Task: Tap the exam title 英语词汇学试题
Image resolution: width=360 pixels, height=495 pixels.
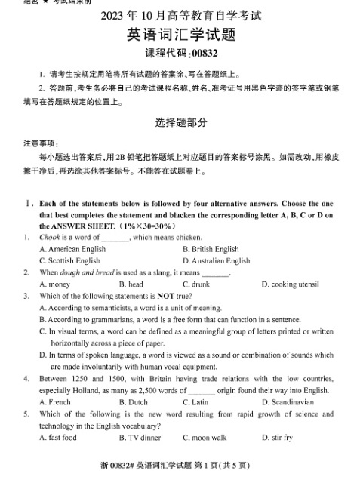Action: (180, 35)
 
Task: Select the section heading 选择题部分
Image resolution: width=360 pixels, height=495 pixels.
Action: (180, 121)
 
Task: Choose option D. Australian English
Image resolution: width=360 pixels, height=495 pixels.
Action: (216, 260)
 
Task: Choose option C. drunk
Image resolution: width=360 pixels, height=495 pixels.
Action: (198, 284)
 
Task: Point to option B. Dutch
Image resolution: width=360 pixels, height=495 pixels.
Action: (134, 402)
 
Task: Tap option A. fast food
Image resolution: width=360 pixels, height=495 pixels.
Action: (58, 438)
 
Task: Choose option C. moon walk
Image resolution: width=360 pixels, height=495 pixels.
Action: (205, 438)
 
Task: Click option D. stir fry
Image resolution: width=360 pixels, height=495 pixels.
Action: (277, 438)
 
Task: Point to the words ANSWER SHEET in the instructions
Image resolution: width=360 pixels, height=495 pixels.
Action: (82, 225)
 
